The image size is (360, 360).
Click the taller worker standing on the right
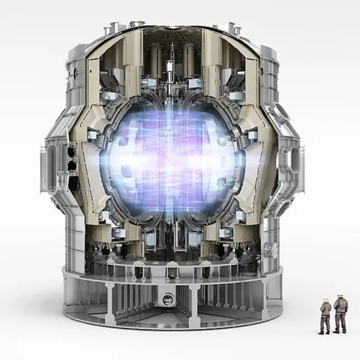tap(340, 314)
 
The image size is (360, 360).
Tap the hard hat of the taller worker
tap(340, 296)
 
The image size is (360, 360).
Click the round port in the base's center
tap(168, 299)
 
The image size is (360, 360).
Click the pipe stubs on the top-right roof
tap(231, 26)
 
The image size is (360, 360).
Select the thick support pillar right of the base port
tap(194, 304)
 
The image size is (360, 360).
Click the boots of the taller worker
tap(340, 331)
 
